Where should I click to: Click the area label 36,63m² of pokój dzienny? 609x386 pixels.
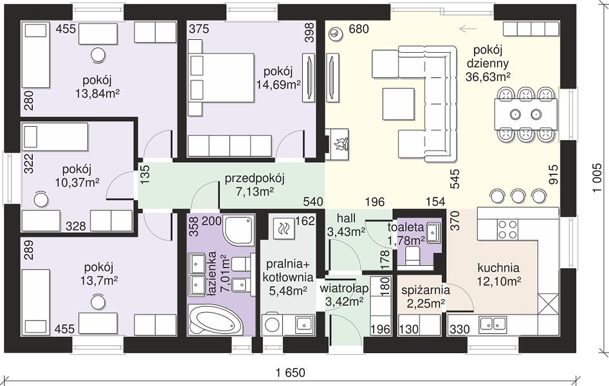[x=488, y=77]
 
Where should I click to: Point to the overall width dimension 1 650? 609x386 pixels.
[x=291, y=372]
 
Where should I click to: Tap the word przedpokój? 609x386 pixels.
[x=255, y=178]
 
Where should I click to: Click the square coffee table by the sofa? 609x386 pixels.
[x=398, y=104]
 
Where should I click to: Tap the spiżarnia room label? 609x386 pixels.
[x=426, y=290]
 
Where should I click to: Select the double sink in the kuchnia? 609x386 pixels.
[x=493, y=324]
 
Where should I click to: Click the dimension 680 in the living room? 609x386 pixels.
[x=358, y=29]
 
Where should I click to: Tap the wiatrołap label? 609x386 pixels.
[x=344, y=289]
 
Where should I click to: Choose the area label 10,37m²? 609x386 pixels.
[x=77, y=182]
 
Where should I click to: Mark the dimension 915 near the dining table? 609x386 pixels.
[x=553, y=174]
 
